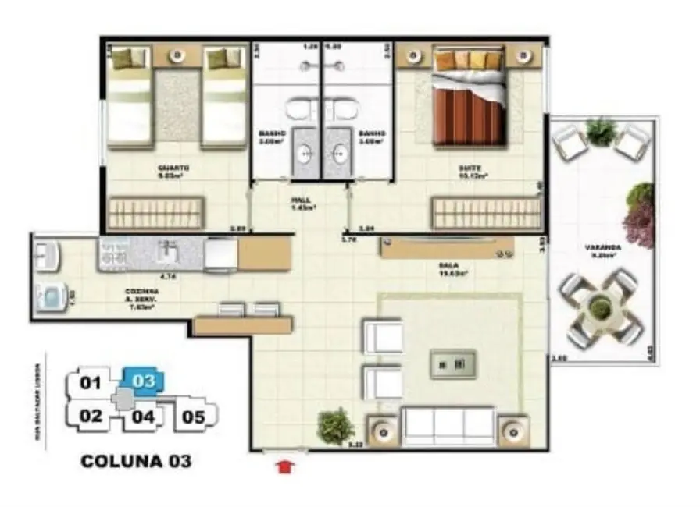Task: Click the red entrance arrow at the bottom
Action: [287, 467]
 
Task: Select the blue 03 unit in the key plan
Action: [144, 381]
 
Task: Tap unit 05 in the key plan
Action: [193, 416]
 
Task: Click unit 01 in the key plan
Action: [91, 382]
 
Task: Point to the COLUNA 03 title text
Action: [135, 461]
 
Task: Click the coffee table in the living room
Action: [453, 363]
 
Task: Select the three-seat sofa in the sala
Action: [448, 426]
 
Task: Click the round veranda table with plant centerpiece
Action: [600, 308]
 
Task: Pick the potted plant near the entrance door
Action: [336, 426]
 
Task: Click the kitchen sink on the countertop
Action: [167, 252]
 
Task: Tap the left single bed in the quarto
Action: [130, 97]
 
